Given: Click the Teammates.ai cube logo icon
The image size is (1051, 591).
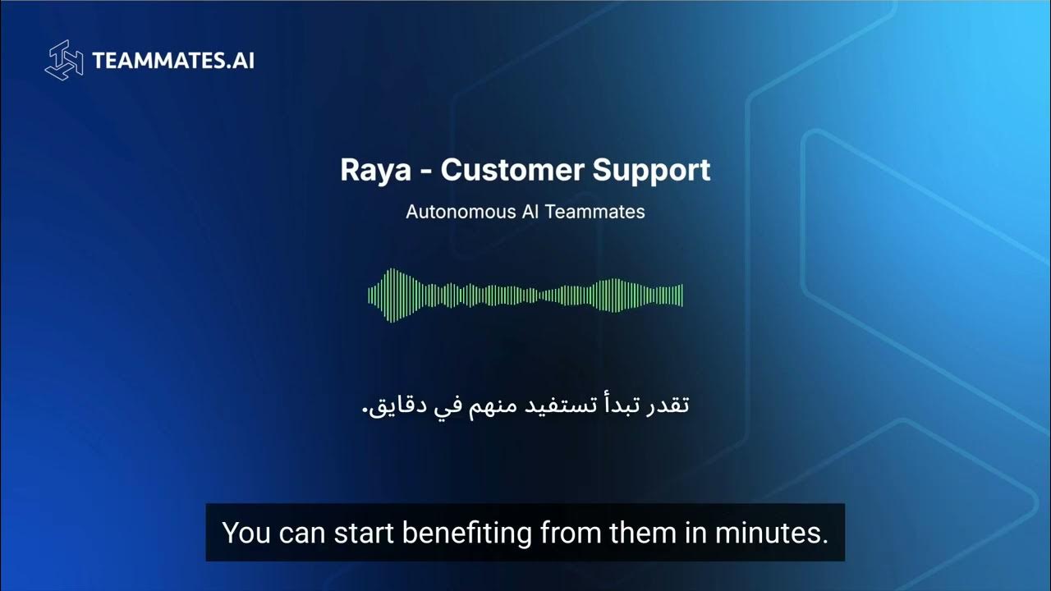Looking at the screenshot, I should point(64,62).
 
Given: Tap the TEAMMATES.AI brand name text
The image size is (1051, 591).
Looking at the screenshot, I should point(173,61).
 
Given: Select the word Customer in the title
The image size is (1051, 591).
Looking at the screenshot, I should point(507,171).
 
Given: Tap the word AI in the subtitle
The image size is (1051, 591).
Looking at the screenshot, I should point(530,211).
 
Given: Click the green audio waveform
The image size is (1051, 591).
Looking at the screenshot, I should point(525,295).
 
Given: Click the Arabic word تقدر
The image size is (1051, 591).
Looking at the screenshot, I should point(668,405).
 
